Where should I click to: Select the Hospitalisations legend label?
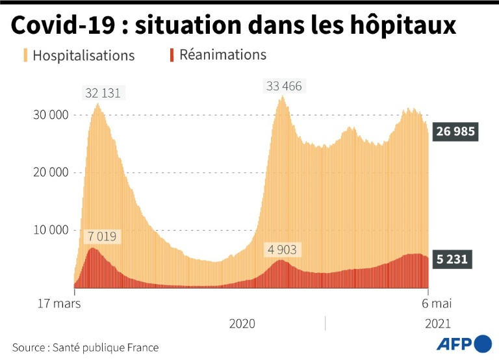(x=83, y=55)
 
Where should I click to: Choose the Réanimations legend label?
(x=223, y=55)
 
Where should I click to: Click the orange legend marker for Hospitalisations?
(x=25, y=55)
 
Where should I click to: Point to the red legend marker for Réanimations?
(x=172, y=55)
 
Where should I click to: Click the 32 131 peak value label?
(x=103, y=92)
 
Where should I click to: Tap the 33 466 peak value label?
(x=283, y=86)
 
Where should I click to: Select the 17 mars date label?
(x=58, y=303)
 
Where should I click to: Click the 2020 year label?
(x=242, y=323)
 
